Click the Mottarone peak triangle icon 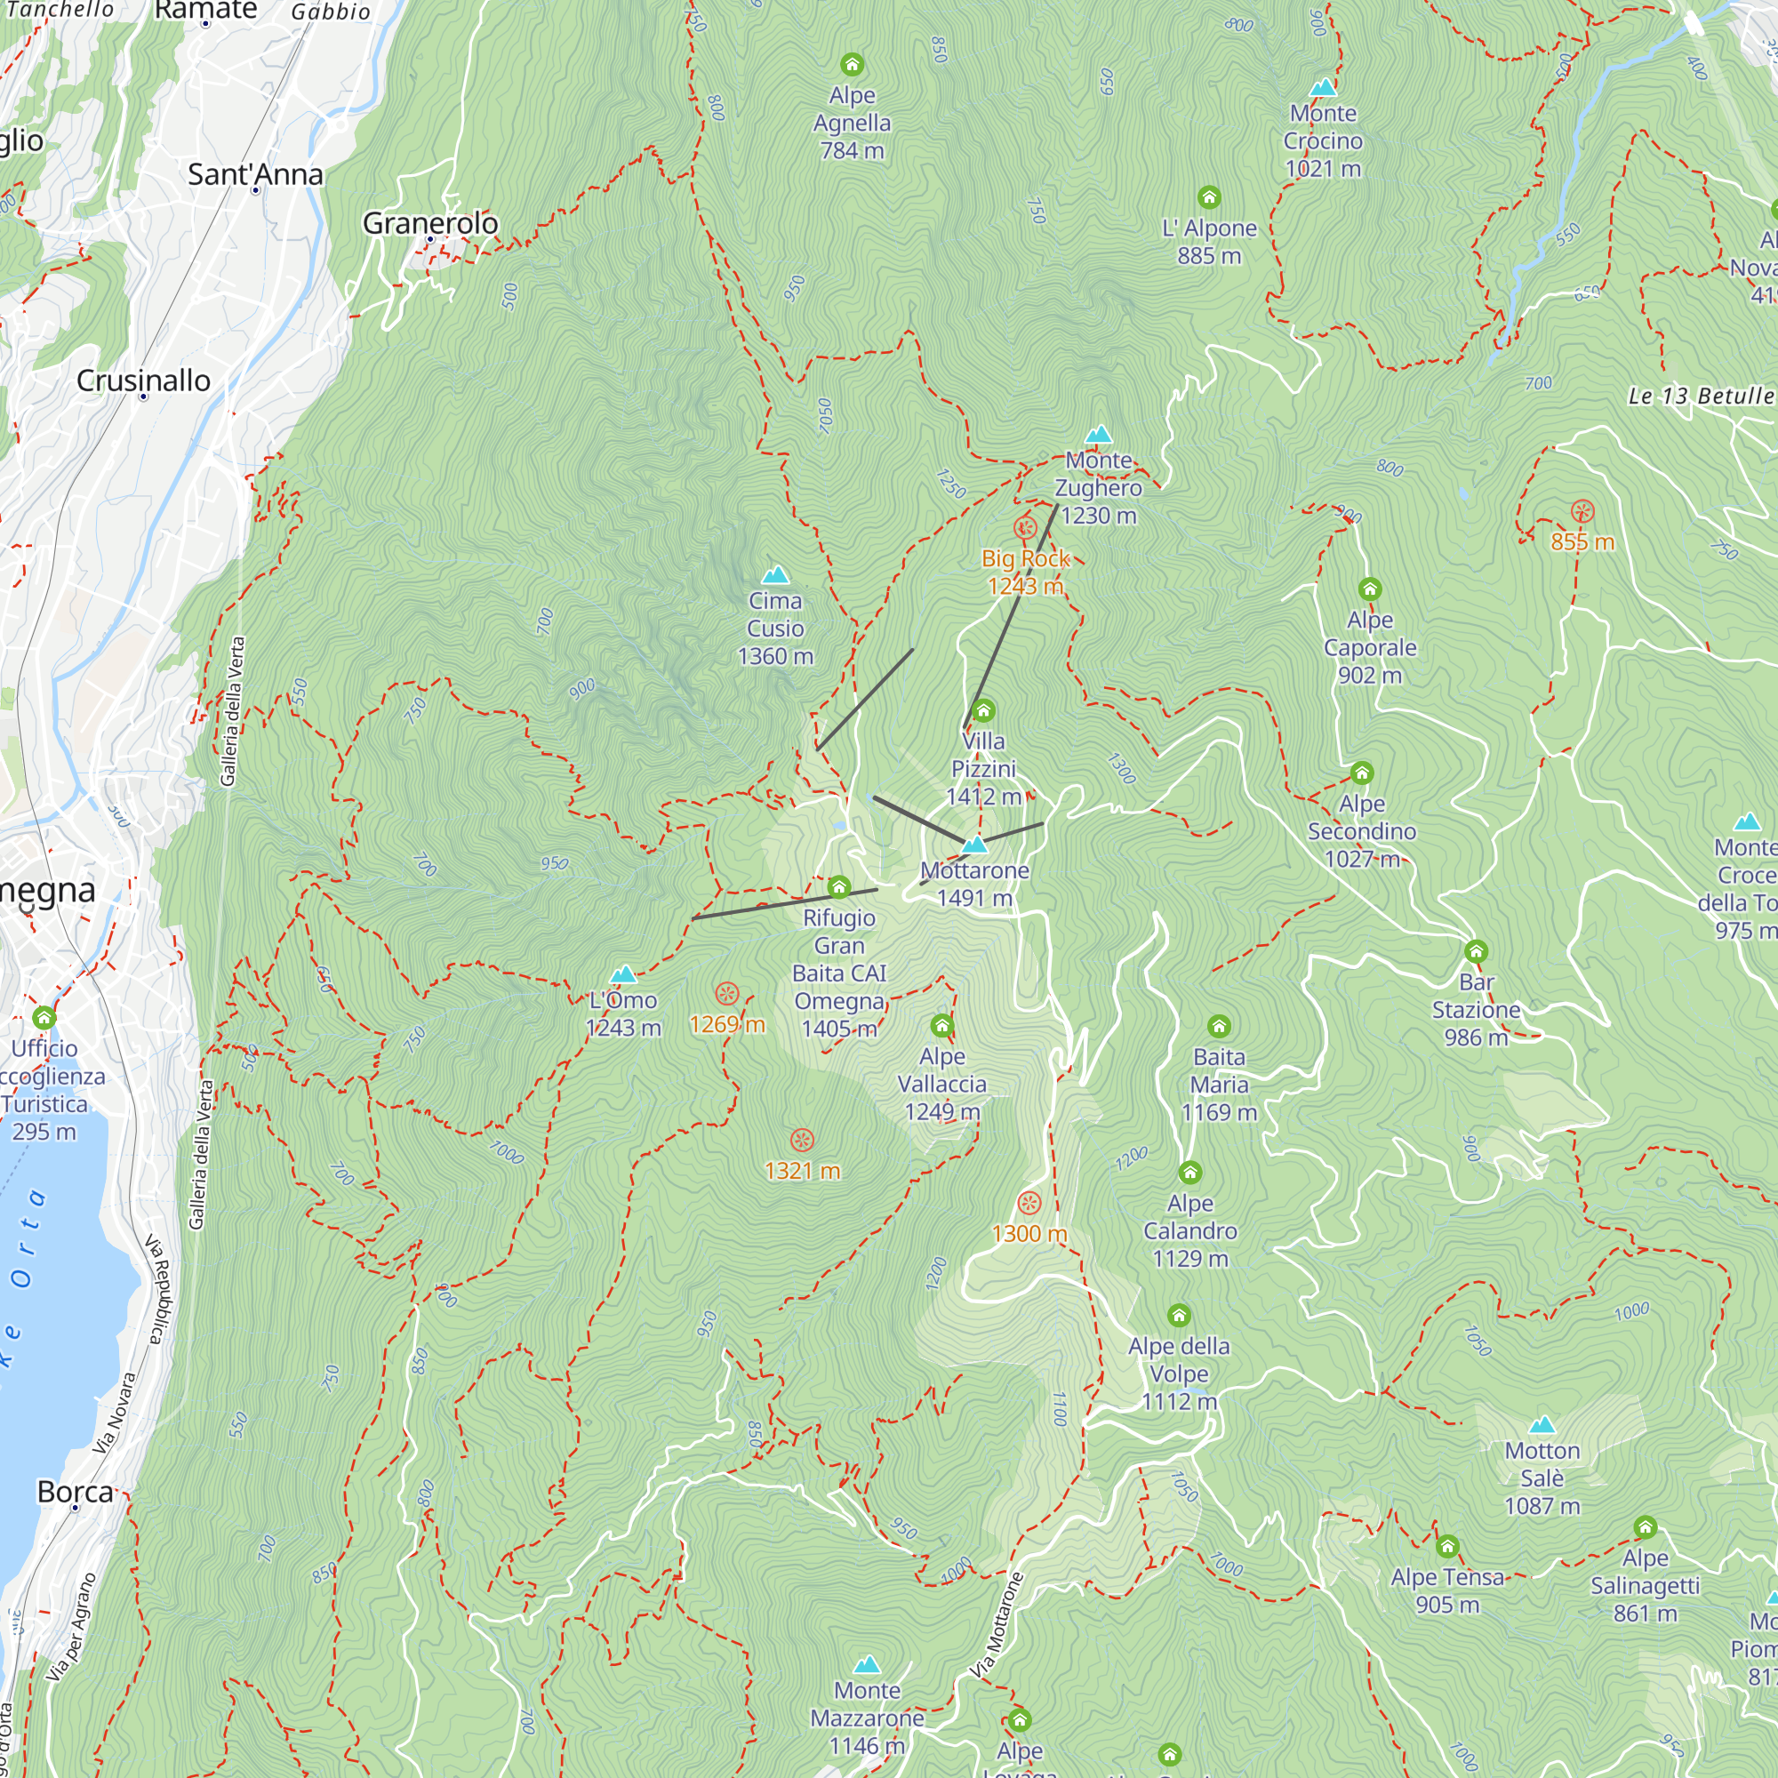click(974, 844)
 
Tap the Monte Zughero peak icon click(1098, 435)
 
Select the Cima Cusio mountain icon click(776, 575)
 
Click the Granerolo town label click(429, 223)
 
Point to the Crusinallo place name click(143, 380)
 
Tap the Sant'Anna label click(255, 174)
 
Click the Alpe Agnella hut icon click(853, 64)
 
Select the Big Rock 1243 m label click(1025, 572)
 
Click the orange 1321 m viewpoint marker click(803, 1141)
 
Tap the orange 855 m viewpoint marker click(1582, 512)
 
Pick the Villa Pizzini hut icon click(984, 709)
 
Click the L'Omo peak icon click(624, 973)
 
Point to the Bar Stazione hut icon click(1476, 950)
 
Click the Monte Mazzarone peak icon click(867, 1690)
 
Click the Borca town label click(76, 1491)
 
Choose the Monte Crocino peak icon click(1323, 87)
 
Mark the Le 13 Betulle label click(1701, 396)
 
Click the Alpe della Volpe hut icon click(1179, 1314)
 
